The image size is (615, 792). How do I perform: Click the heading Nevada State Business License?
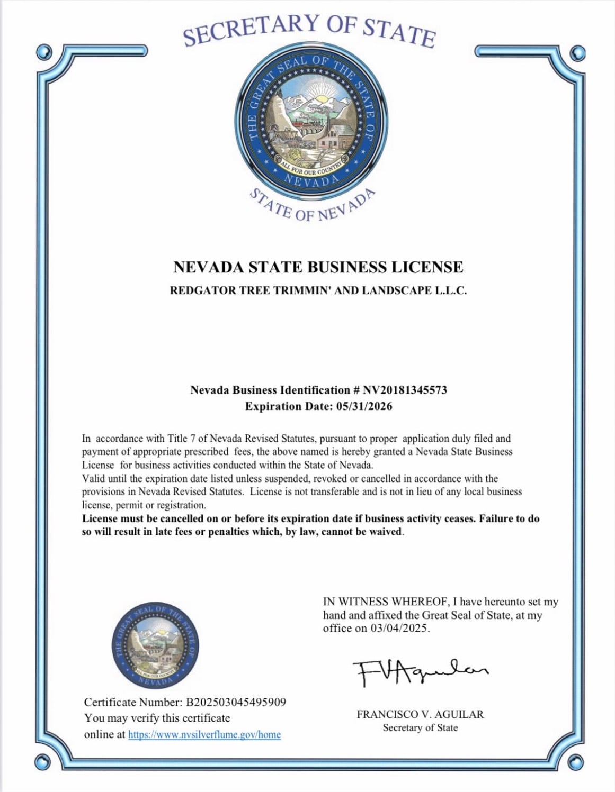tap(318, 267)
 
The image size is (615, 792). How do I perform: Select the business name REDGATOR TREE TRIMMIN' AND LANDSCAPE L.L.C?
tap(318, 290)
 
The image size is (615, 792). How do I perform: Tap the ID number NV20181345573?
tap(405, 390)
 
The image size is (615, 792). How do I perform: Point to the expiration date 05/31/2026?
tap(364, 406)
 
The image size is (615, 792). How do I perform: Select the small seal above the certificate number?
tap(156, 647)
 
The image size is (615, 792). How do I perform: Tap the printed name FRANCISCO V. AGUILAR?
tap(420, 714)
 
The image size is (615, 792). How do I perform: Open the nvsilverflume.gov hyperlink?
tap(204, 734)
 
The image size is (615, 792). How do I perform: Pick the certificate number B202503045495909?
tap(236, 702)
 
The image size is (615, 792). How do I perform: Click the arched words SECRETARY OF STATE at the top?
tap(309, 29)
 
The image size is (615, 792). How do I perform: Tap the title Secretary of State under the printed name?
tap(420, 728)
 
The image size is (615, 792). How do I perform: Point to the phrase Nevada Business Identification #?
tap(270, 390)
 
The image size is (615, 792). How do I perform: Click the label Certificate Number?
tap(133, 702)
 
